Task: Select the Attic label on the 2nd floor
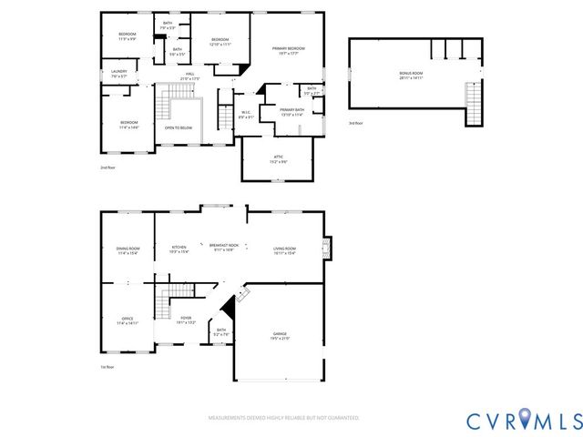point(278,158)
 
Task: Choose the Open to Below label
point(179,127)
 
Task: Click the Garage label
point(280,336)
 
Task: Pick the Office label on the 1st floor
point(127,320)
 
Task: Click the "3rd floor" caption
point(355,122)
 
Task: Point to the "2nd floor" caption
point(107,168)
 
